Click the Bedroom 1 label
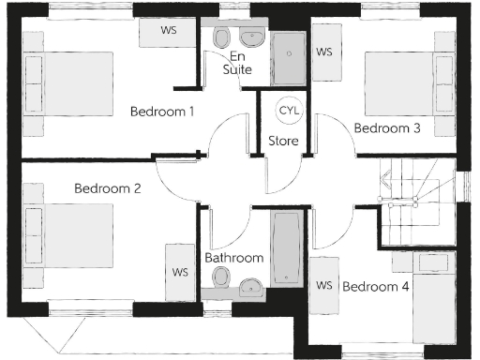pyautogui.click(x=162, y=112)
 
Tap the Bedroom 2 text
pyautogui.click(x=108, y=188)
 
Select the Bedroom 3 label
pyautogui.click(x=386, y=128)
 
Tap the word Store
pyautogui.click(x=283, y=142)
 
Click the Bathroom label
pyautogui.click(x=233, y=258)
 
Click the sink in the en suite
pyautogui.click(x=253, y=38)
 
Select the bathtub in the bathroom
pyautogui.click(x=284, y=247)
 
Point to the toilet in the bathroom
pyautogui.click(x=222, y=277)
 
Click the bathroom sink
pyautogui.click(x=251, y=286)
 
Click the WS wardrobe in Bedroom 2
pyautogui.click(x=180, y=272)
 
